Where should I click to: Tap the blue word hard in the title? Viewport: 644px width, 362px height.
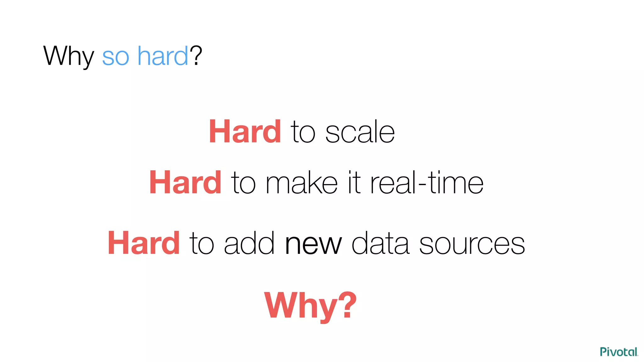(163, 56)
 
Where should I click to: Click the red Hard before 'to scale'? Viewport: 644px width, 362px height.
(245, 132)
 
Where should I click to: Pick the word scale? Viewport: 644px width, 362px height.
(360, 133)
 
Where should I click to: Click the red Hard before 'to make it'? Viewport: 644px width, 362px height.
(185, 183)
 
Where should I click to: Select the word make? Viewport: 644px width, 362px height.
(302, 183)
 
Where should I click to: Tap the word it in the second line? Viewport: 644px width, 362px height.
(354, 182)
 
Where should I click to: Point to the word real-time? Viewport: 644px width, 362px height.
(427, 183)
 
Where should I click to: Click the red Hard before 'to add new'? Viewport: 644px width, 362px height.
(143, 243)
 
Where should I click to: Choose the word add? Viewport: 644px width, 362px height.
(249, 243)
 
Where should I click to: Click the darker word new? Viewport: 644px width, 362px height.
(313, 244)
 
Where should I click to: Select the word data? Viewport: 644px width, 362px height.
(380, 244)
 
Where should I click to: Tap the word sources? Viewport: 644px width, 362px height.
(472, 244)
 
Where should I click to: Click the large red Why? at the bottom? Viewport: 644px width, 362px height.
(310, 305)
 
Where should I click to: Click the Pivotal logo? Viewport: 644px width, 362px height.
(619, 352)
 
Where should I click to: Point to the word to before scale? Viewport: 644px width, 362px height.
(303, 133)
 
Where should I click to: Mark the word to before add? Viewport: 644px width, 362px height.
(202, 244)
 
